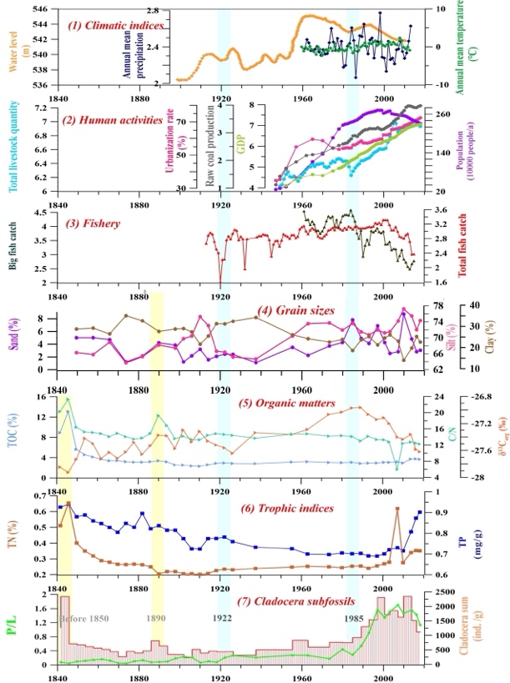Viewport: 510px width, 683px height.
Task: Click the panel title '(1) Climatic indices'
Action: (x=115, y=25)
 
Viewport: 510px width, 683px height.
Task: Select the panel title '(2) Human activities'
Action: (x=116, y=120)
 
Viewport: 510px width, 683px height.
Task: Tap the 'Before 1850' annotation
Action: (x=88, y=618)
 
